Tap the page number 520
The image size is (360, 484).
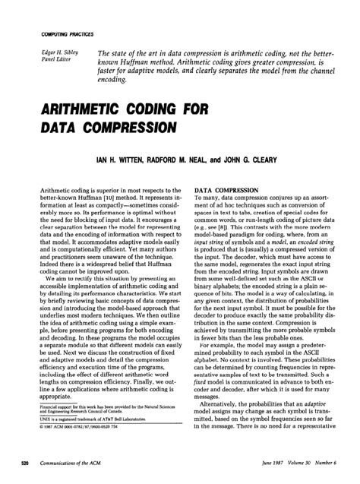pos(24,463)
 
